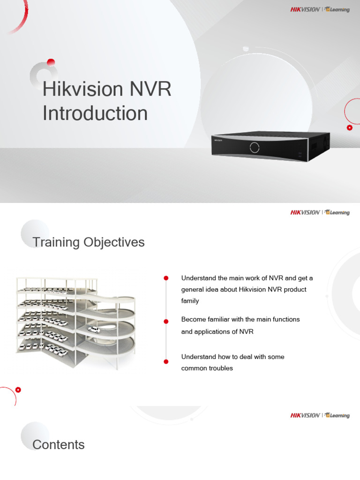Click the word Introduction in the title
click(95, 113)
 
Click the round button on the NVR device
click(255, 147)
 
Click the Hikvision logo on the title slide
click(305, 9)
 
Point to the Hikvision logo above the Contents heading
click(305, 415)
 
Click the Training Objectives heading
click(89, 242)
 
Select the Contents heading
click(59, 445)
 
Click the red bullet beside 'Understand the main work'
click(166, 278)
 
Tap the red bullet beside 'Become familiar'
click(166, 321)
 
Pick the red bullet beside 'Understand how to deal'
click(166, 361)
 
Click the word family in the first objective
click(190, 301)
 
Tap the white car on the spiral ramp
click(94, 330)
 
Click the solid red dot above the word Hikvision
click(51, 62)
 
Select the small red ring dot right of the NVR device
click(349, 127)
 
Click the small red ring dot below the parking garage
click(18, 389)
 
